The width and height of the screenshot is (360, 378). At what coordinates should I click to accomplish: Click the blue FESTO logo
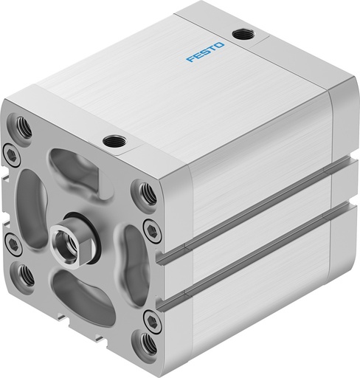coord(205,52)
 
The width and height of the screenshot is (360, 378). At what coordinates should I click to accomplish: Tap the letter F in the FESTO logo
coord(190,59)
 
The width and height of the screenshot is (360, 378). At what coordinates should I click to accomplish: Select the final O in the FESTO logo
coord(219,45)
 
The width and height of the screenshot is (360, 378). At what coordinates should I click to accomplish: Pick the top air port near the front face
coord(114,141)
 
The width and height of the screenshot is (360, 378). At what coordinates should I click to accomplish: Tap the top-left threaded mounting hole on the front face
coord(23,126)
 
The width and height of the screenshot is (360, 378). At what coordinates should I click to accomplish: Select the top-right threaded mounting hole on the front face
coord(147,193)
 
